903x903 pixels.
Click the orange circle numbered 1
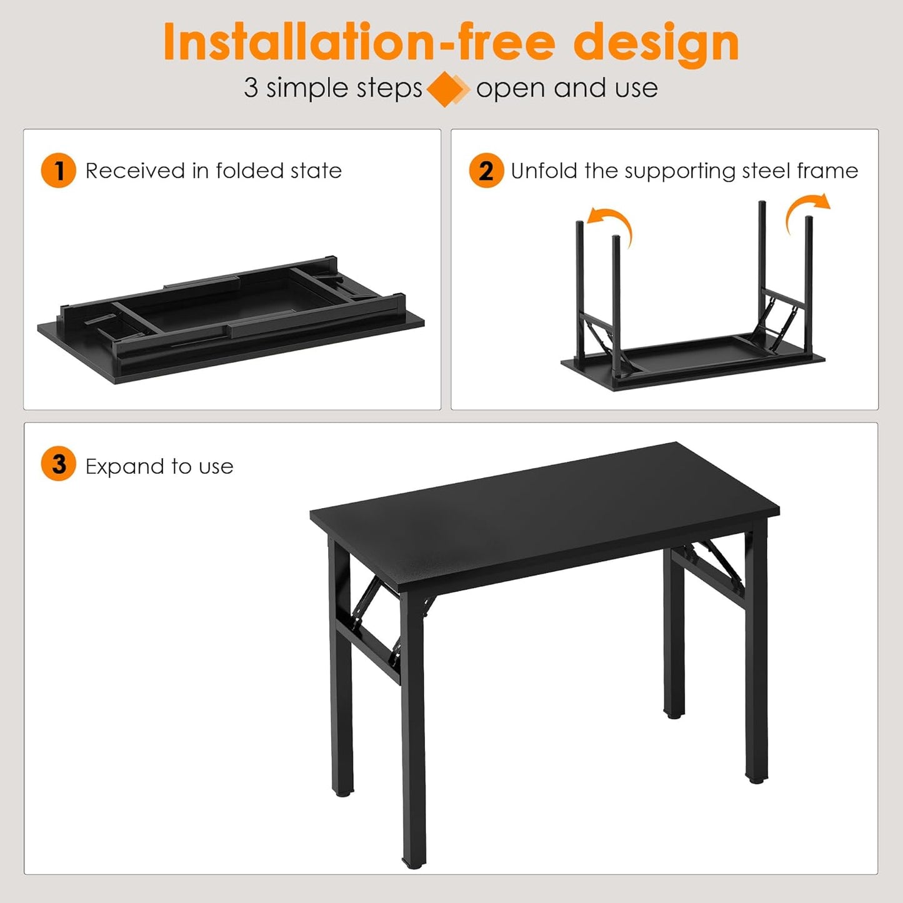(58, 171)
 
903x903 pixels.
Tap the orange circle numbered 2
(486, 171)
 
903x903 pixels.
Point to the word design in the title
(656, 42)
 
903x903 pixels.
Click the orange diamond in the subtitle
(446, 89)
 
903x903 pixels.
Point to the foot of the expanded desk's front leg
(414, 863)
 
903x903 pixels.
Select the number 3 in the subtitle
(251, 88)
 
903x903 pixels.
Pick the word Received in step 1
(134, 171)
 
